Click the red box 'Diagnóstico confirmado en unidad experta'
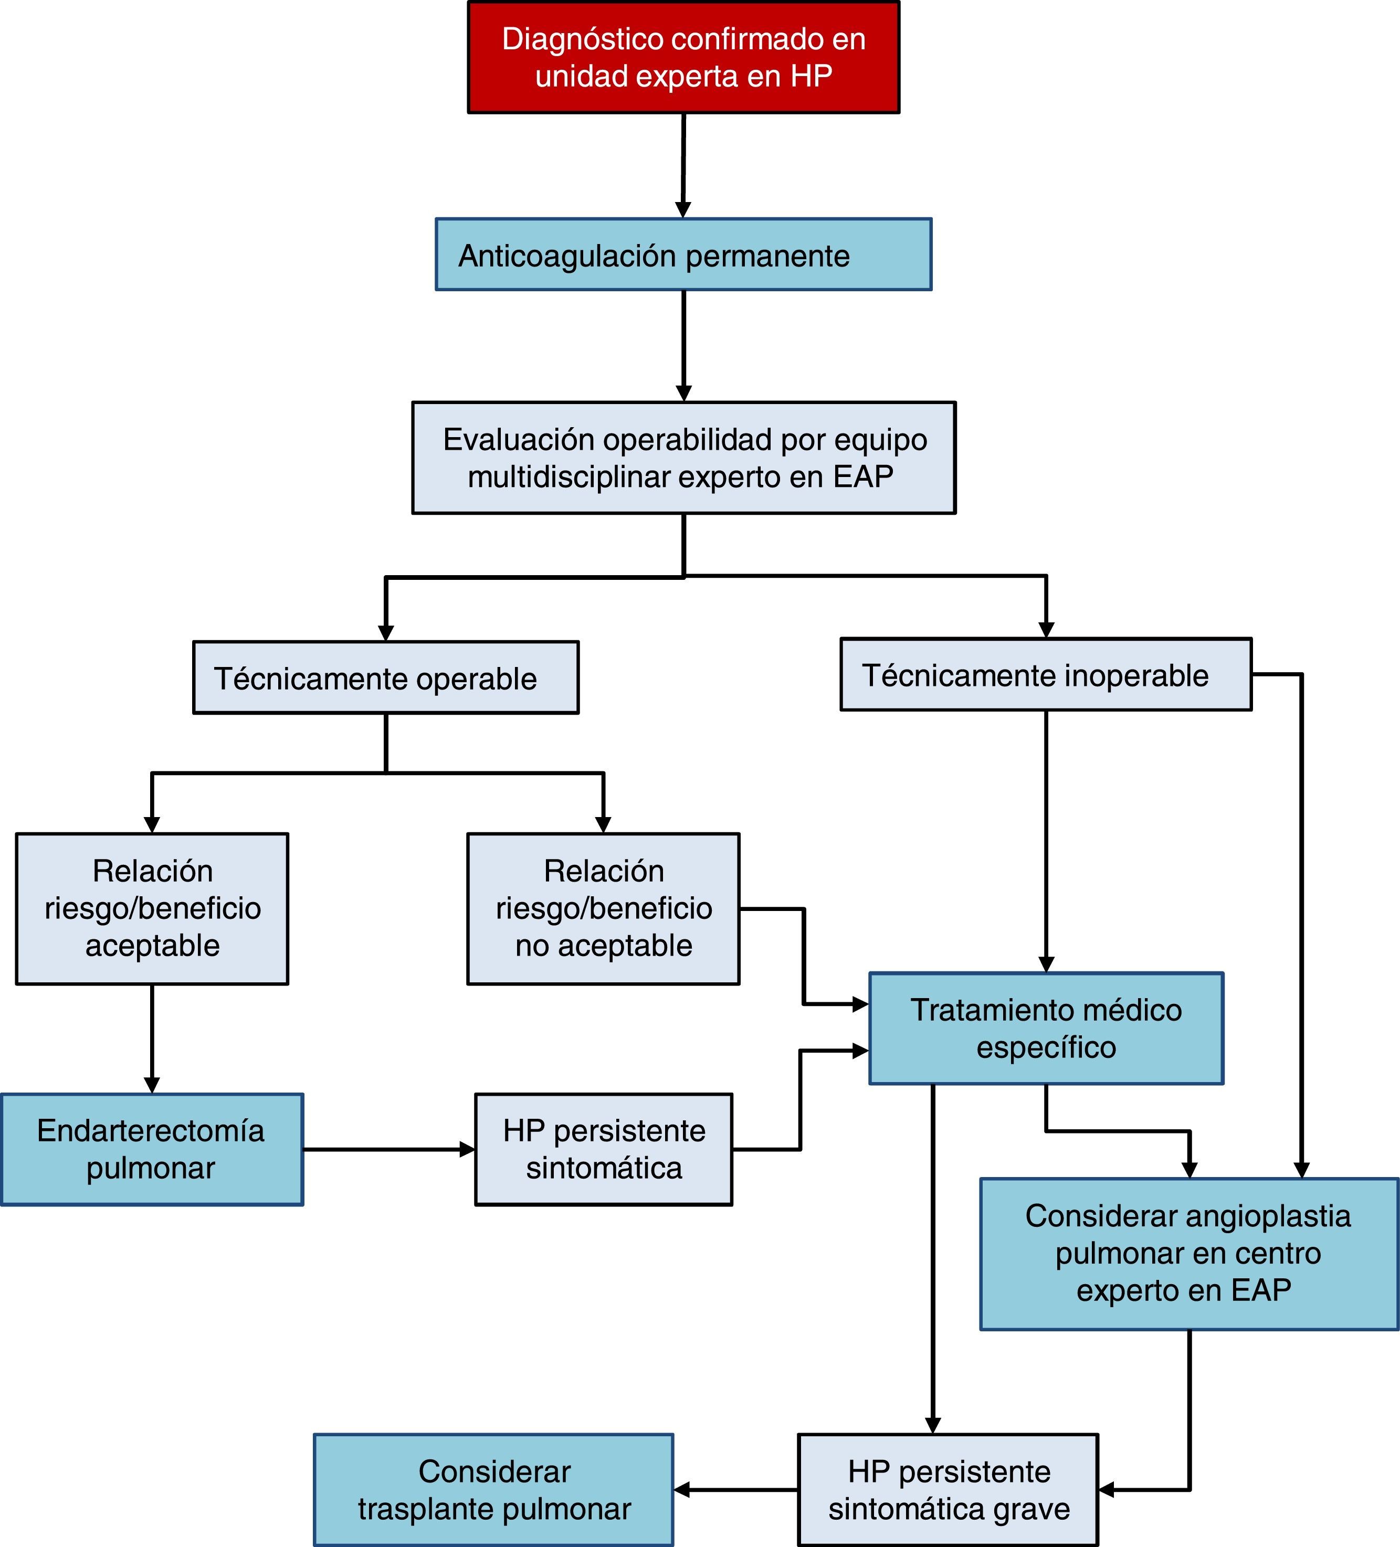pos(683,58)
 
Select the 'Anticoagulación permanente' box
pos(683,255)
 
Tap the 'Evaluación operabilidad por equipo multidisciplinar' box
pos(683,458)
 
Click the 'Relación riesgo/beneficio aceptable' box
pos(152,908)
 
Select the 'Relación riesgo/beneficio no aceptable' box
pos(603,908)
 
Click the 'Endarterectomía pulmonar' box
pos(152,1150)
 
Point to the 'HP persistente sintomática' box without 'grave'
pos(603,1150)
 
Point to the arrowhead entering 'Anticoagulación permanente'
pos(683,209)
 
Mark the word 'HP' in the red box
pos(812,77)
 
